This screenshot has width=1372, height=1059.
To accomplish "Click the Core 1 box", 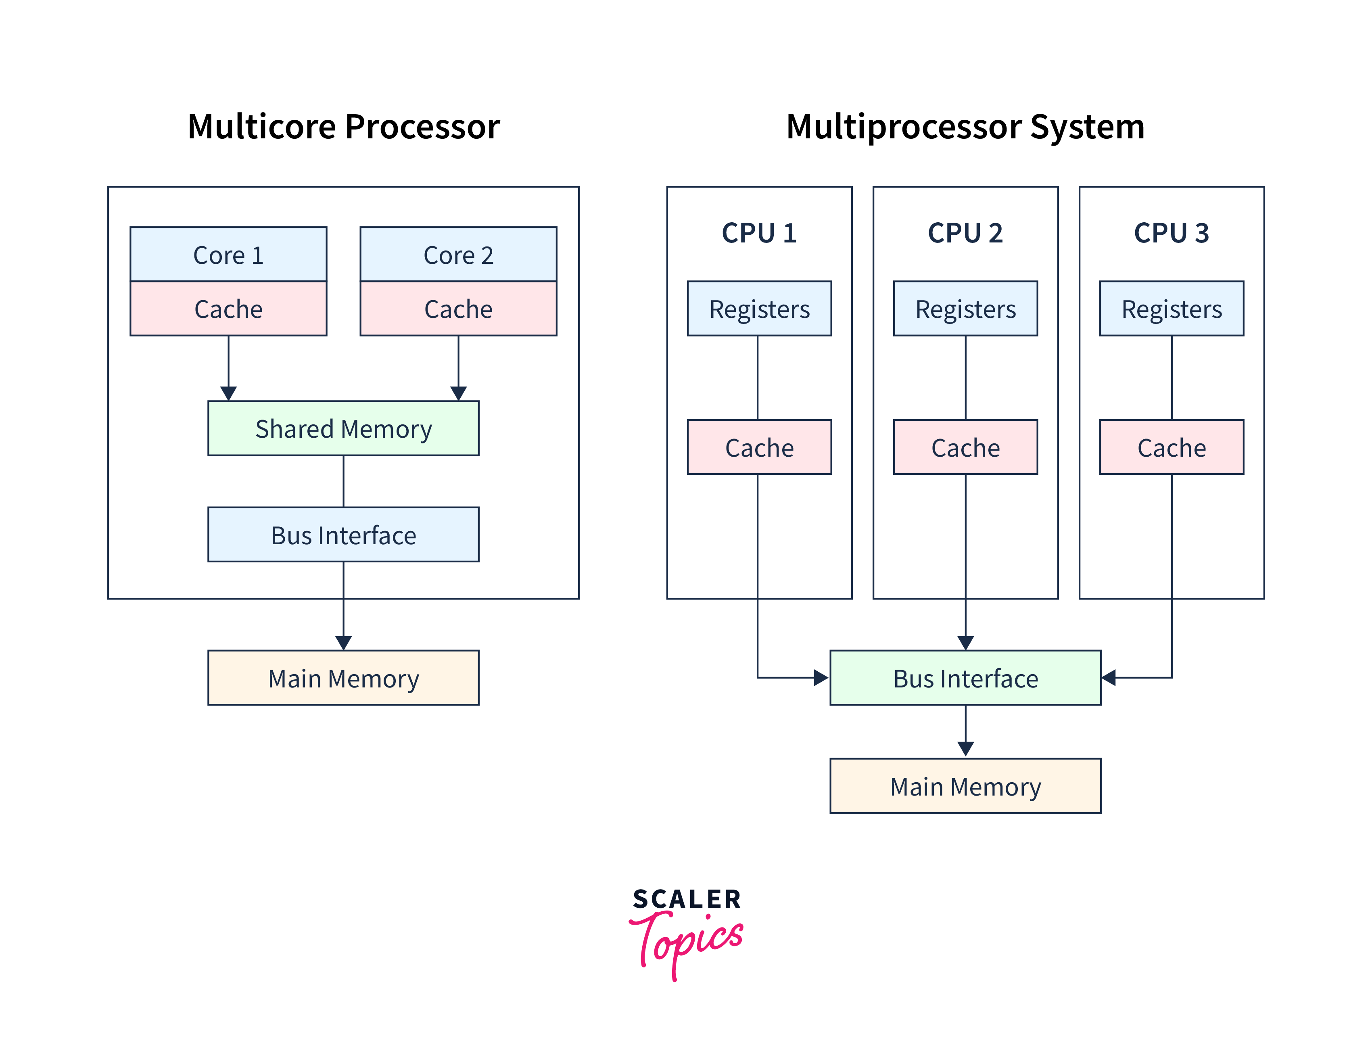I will (x=228, y=255).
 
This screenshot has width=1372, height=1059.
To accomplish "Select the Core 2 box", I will (x=458, y=255).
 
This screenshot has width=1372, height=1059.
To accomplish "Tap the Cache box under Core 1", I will (x=228, y=308).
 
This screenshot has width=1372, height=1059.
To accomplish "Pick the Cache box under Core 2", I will (x=458, y=308).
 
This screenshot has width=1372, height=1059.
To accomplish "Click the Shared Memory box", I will (x=343, y=428).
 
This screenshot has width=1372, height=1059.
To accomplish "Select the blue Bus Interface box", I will (x=343, y=535).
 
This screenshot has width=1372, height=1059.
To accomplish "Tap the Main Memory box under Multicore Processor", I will (x=343, y=678).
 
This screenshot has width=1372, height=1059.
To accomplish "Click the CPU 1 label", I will (x=759, y=233).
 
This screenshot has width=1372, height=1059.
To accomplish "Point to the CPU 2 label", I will (x=965, y=233).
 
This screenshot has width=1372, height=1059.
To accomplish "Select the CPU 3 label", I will (x=1171, y=233).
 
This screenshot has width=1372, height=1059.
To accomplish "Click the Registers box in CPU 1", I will (x=759, y=308).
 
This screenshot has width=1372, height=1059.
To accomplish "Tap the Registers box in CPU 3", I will (x=1171, y=308).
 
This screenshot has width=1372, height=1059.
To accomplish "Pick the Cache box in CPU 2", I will (x=965, y=447).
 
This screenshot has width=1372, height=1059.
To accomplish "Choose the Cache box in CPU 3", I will (x=1171, y=447).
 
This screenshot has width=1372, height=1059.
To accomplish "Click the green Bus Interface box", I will (x=965, y=678).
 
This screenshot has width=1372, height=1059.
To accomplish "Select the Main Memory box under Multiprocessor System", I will (x=965, y=786).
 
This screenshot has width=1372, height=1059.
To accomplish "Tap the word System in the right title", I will (x=1087, y=127).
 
